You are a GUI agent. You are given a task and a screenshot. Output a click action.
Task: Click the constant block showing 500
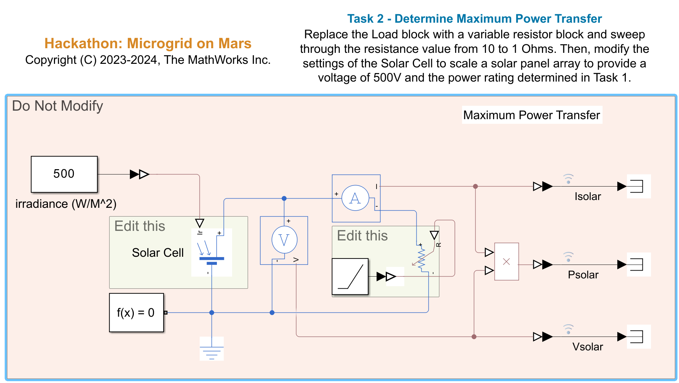(x=64, y=174)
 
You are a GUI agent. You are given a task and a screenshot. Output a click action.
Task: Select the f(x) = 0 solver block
(x=136, y=312)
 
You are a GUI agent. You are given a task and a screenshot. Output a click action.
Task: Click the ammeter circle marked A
(x=355, y=198)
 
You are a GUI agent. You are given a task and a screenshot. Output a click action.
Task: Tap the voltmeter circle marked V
(x=284, y=240)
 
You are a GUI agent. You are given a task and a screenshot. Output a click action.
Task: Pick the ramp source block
(x=350, y=277)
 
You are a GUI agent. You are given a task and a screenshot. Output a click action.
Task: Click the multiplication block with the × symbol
(x=506, y=262)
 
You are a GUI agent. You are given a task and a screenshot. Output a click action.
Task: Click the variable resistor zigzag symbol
(x=421, y=259)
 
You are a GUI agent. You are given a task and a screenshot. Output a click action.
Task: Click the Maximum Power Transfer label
(x=532, y=115)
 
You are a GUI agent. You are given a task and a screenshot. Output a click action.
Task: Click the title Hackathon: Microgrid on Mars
(x=148, y=43)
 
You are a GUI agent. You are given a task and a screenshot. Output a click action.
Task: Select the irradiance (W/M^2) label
(x=66, y=204)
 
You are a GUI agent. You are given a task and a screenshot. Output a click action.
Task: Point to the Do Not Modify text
(x=58, y=106)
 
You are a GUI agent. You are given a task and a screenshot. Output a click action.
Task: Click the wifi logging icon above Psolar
(x=568, y=257)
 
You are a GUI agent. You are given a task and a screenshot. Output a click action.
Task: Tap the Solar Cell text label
(x=158, y=252)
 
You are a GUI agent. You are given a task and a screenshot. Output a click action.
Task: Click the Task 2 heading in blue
(x=475, y=18)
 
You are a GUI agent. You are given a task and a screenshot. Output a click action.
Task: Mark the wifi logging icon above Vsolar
(x=568, y=329)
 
